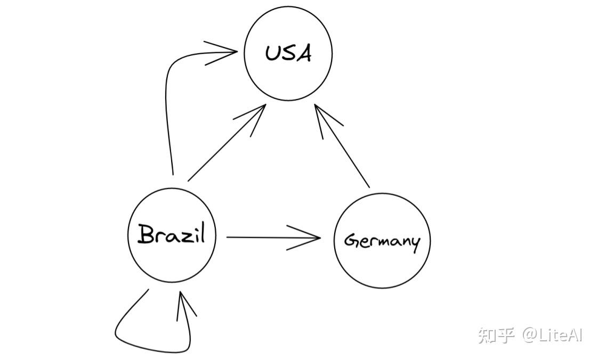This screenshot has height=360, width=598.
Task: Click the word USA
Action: tap(288, 53)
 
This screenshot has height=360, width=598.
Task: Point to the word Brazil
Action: tap(172, 234)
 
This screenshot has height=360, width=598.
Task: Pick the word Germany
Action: tap(382, 241)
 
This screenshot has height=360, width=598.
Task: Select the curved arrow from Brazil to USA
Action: tap(167, 107)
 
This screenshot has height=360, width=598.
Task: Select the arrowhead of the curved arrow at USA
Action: tap(227, 52)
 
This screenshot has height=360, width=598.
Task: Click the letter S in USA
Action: tap(288, 54)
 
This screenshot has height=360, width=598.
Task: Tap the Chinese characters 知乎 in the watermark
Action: tap(496, 335)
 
